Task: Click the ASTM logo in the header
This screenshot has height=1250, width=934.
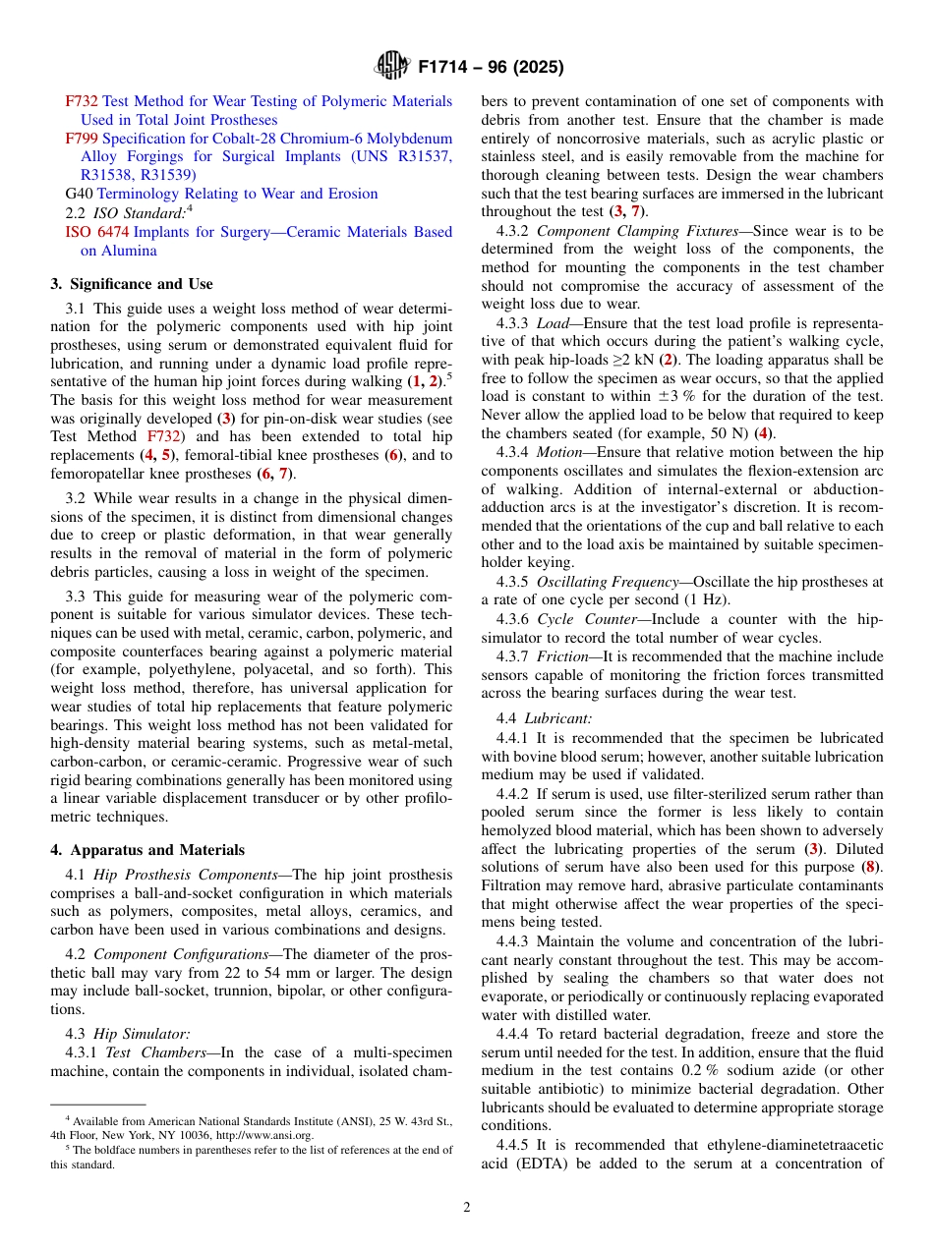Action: click(393, 67)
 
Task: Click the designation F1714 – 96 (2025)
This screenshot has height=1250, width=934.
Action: click(491, 68)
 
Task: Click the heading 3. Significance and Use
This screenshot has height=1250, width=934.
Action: click(132, 284)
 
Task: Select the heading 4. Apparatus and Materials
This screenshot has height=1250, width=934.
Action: click(147, 850)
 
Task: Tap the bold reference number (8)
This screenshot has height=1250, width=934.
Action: click(868, 867)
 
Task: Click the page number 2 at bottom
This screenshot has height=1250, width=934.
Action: click(467, 1208)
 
